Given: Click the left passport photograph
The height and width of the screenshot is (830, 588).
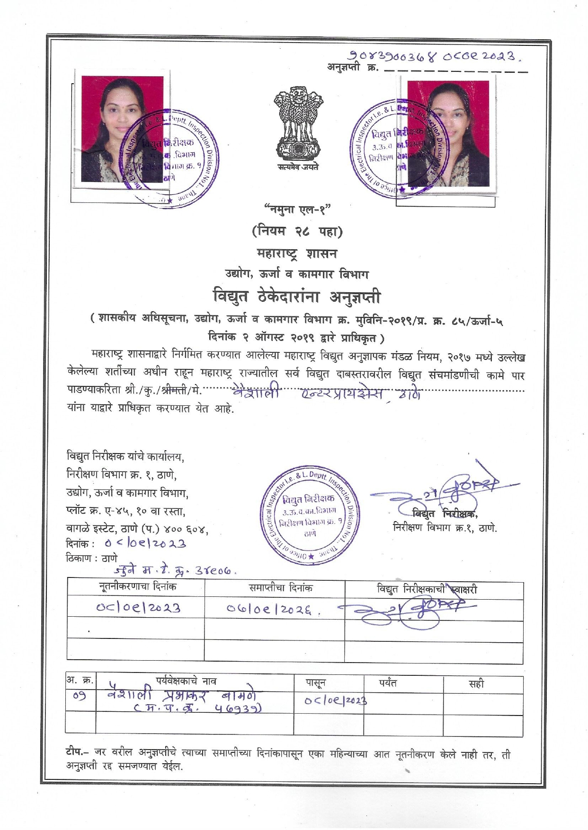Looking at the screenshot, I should tap(123, 130).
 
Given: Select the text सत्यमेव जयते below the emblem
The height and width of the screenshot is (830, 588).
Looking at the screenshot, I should tap(298, 167).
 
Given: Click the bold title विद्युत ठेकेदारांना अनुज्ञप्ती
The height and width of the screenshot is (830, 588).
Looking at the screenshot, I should tap(296, 297).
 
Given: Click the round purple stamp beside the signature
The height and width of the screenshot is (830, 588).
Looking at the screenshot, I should tap(311, 515).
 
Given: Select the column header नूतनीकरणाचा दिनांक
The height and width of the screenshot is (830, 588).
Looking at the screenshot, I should tap(137, 587).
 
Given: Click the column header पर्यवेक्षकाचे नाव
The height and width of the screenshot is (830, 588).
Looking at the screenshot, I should tap(186, 681).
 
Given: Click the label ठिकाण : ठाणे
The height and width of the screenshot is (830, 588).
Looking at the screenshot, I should tap(91, 558).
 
